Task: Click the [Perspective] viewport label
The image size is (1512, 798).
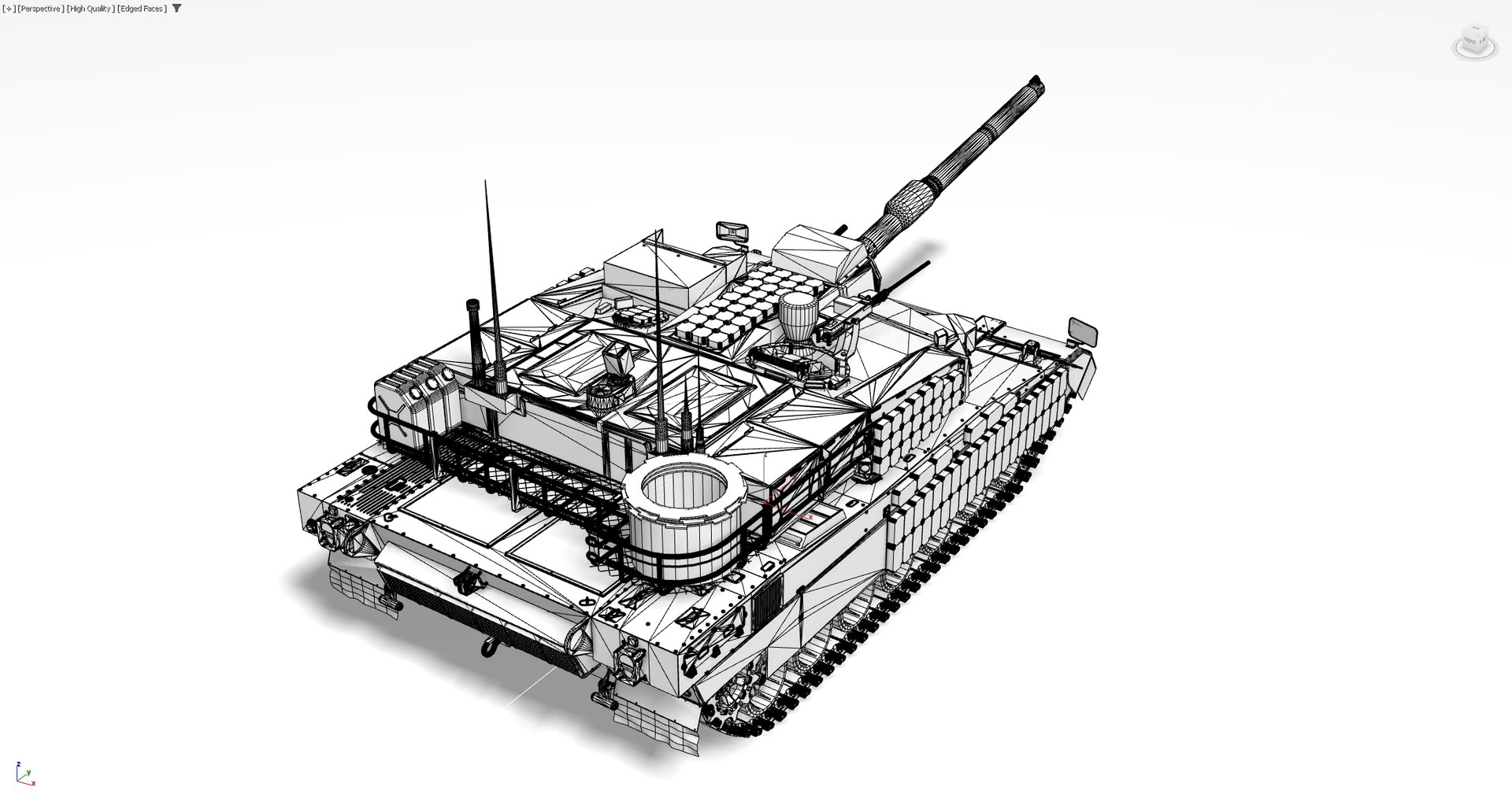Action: (x=40, y=9)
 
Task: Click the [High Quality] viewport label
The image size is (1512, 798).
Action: (x=91, y=9)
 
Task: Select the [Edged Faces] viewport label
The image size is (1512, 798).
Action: (x=142, y=9)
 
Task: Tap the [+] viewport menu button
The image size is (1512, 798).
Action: (x=9, y=9)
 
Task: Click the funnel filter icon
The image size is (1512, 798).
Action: (x=176, y=9)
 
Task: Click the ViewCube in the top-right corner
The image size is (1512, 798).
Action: (x=1473, y=41)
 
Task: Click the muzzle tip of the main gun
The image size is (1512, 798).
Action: (x=1036, y=83)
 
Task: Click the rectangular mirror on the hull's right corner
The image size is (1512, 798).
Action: (x=1083, y=331)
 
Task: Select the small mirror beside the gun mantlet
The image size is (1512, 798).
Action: (x=732, y=231)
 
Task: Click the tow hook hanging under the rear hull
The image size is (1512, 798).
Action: (x=491, y=647)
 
